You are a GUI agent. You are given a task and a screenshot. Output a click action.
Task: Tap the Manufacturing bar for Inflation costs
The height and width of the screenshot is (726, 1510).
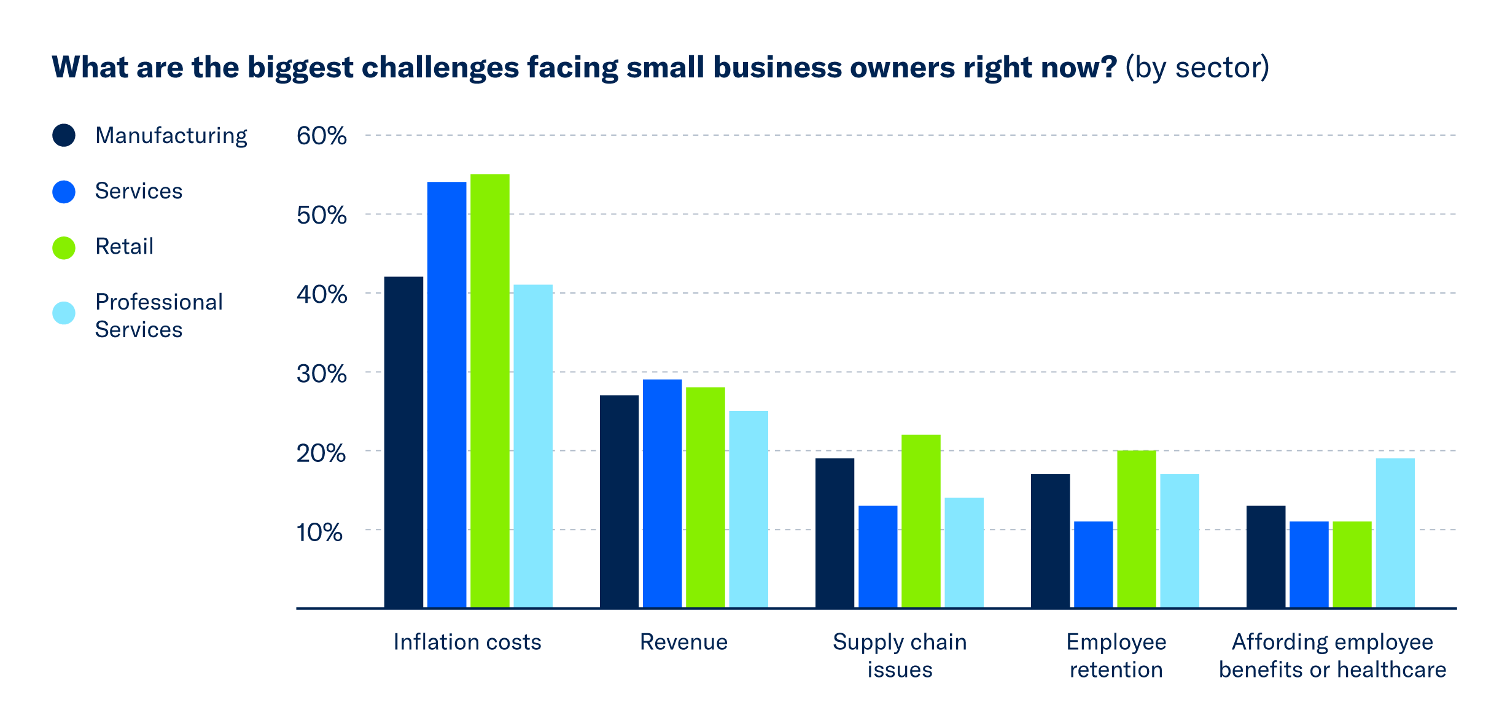point(403,442)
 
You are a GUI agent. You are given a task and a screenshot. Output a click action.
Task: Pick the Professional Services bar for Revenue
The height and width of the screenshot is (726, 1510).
point(748,509)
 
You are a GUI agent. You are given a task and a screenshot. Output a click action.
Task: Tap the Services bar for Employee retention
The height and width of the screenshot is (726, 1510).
point(1093,564)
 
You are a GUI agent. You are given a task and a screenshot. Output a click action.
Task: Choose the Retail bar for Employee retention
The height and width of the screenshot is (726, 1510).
point(1136,529)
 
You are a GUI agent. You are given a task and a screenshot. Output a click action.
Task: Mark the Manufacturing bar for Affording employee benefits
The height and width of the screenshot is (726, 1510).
point(1266,556)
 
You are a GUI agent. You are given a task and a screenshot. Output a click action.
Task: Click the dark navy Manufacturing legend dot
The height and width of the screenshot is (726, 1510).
point(64,135)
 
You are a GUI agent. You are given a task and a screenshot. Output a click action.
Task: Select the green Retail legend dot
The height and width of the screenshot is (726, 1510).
point(64,248)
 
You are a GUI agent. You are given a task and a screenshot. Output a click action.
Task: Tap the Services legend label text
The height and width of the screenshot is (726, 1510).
point(139,192)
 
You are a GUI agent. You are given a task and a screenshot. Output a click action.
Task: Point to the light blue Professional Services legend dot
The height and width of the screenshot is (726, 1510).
point(64,313)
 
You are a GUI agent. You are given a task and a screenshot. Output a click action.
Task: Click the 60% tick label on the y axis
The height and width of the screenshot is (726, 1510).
point(321,136)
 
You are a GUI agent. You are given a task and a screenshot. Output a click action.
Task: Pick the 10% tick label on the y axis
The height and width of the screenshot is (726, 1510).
point(319,533)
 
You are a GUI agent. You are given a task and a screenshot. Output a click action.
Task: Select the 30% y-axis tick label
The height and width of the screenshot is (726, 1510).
point(321,374)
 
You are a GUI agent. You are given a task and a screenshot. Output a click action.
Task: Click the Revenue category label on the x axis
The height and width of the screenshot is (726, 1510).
point(683,642)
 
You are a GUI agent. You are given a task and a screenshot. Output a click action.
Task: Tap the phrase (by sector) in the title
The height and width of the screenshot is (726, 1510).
point(1197,68)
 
